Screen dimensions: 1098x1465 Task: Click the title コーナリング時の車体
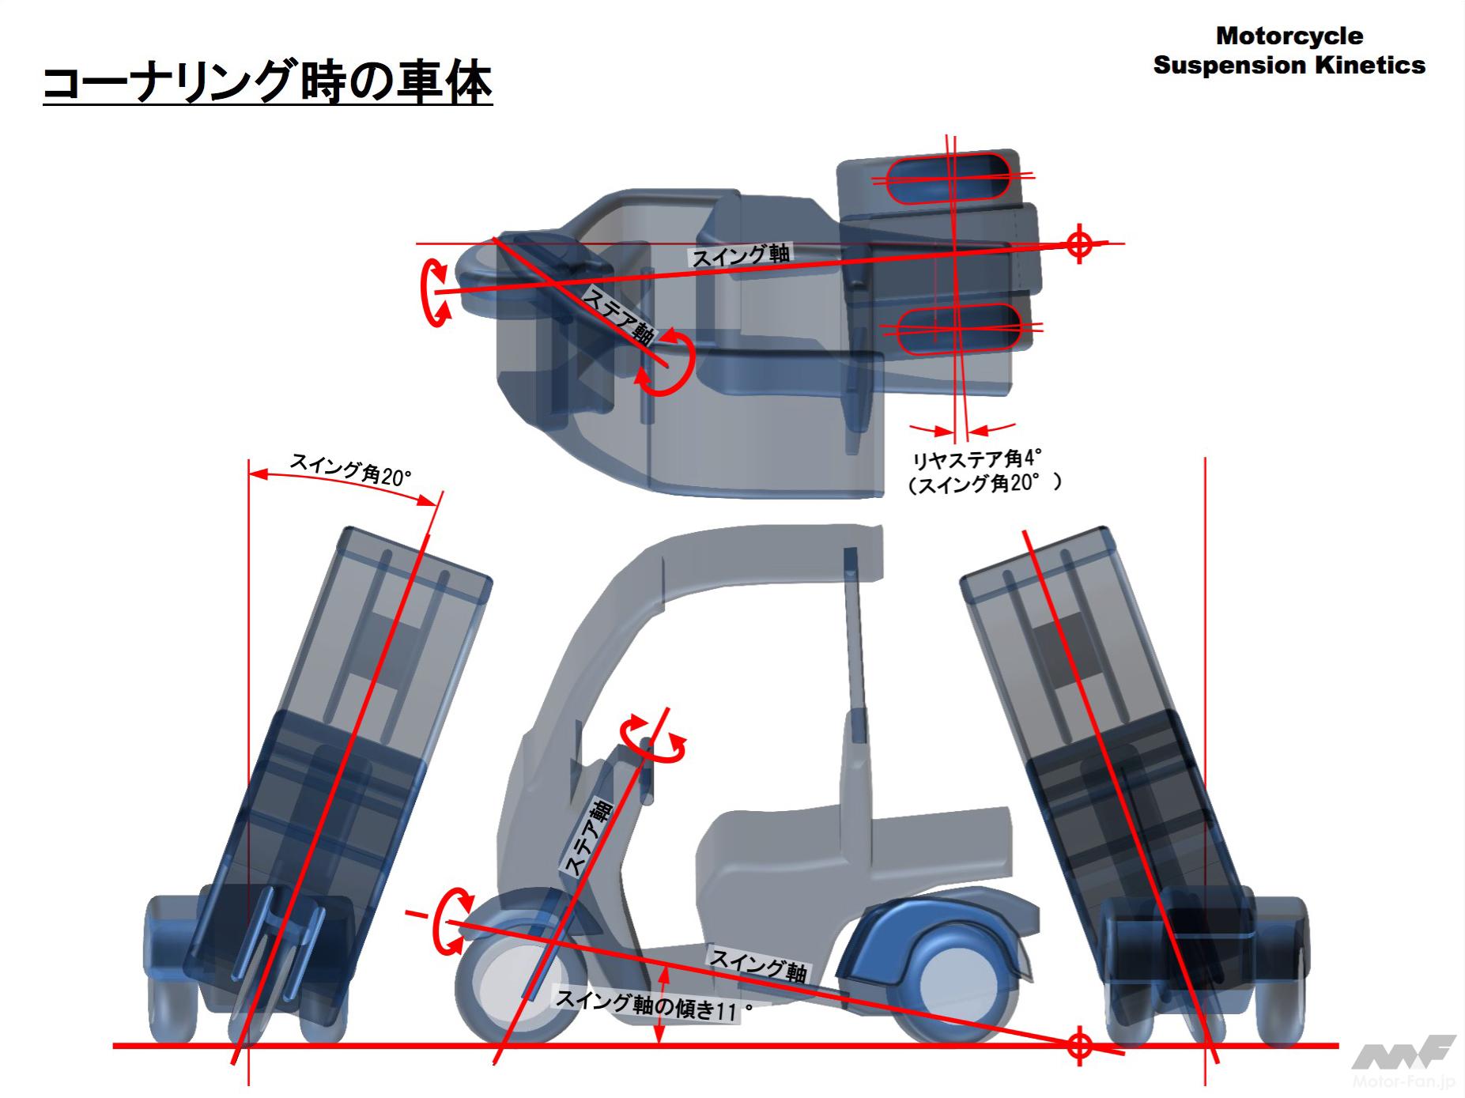click(x=267, y=84)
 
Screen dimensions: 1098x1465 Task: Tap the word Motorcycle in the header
click(x=1289, y=36)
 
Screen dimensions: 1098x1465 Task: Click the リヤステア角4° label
click(x=976, y=459)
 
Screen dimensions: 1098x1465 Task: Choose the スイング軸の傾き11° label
click(x=652, y=1006)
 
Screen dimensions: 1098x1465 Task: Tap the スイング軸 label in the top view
click(x=741, y=255)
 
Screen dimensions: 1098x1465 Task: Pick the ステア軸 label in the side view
click(x=587, y=839)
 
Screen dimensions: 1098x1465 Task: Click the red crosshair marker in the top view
click(x=1079, y=243)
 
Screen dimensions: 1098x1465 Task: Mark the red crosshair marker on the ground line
click(x=1079, y=1046)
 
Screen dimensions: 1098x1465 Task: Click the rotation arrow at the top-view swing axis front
click(x=435, y=292)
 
